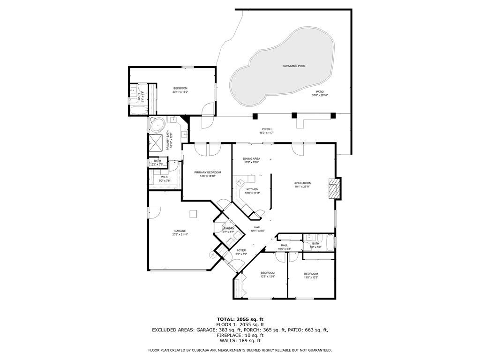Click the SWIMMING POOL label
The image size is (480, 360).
pos(294,66)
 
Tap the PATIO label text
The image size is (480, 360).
pos(320,92)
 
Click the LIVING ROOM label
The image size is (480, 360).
pos(302,183)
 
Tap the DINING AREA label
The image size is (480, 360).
pos(251,159)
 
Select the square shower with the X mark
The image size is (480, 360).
pos(155,142)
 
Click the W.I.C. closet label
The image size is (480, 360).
pos(165,177)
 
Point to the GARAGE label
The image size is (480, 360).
pos(180,231)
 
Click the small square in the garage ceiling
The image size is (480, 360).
pos(193,214)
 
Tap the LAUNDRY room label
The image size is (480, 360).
pos(228,228)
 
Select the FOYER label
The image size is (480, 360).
pos(241,250)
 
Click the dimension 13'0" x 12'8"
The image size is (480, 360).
pos(311,277)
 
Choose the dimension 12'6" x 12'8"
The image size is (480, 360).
pos(267,277)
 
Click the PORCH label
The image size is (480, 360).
pos(266,129)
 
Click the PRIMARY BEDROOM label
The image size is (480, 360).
pos(207,172)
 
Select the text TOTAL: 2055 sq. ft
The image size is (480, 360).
pos(240,319)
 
